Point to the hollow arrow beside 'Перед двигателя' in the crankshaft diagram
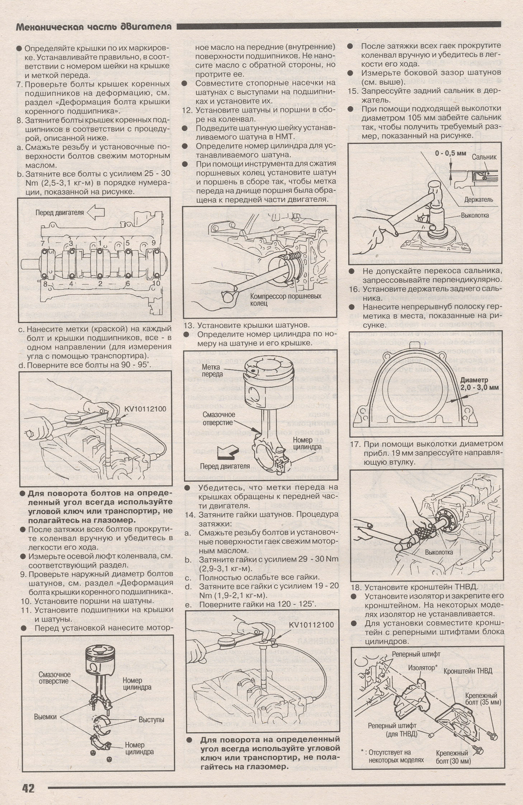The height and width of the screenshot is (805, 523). pos(96,213)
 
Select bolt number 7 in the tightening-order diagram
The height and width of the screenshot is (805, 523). pos(43,243)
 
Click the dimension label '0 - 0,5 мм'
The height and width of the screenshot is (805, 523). pos(451,153)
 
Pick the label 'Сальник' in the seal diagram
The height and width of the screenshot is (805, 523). pos(484,157)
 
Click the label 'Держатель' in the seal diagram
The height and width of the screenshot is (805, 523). pos(479,199)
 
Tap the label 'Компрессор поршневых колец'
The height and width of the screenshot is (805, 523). pos(286,300)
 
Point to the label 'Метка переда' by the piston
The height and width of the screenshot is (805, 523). pos(212,371)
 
